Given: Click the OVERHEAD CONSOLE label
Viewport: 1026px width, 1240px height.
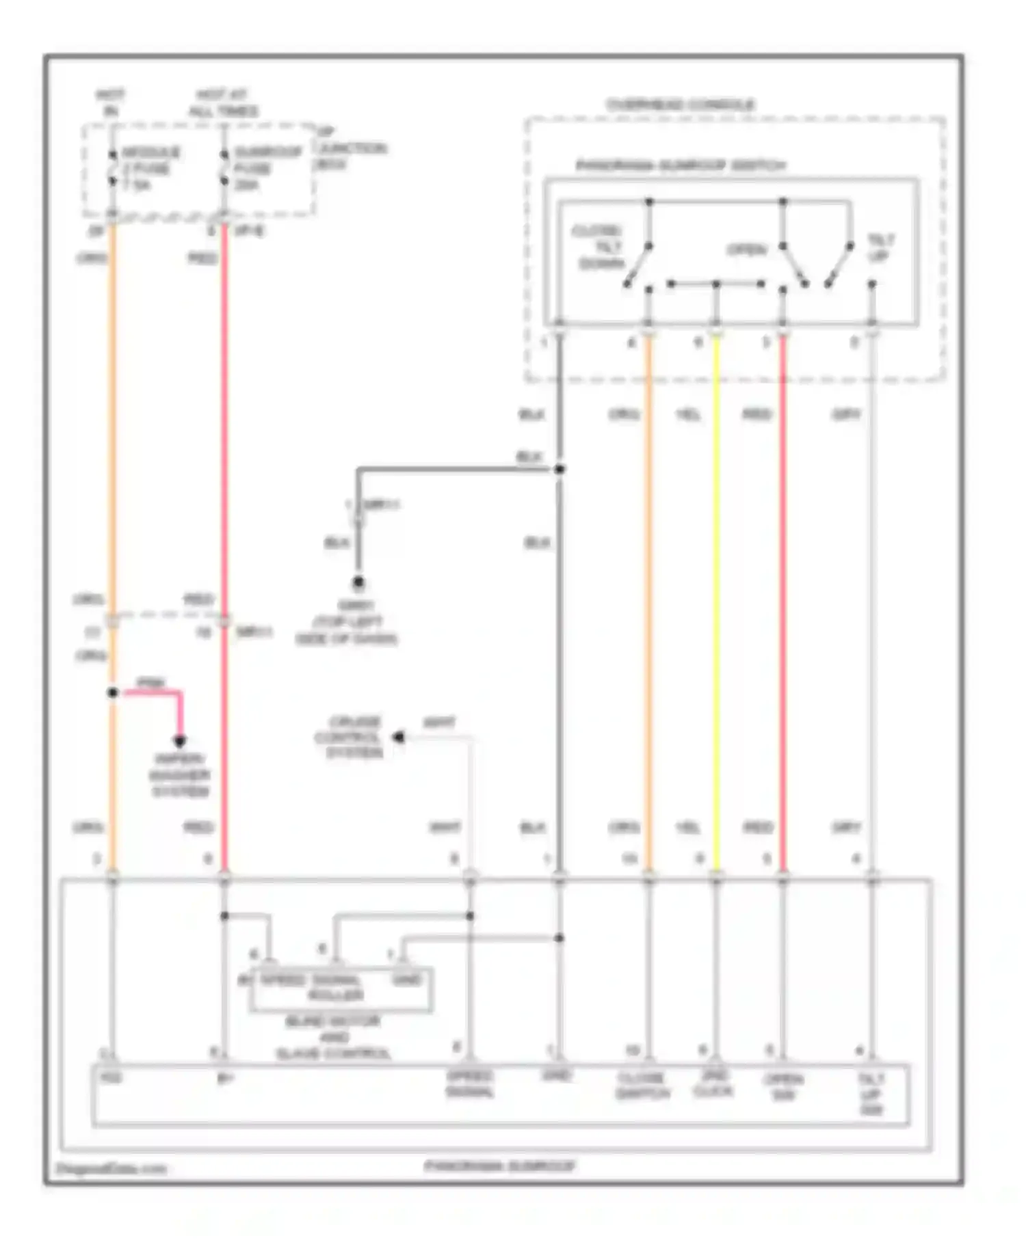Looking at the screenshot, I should click(681, 105).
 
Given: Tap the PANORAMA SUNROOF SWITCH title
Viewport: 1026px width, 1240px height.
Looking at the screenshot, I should click(681, 165).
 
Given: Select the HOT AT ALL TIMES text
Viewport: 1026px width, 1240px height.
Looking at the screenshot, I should click(223, 103).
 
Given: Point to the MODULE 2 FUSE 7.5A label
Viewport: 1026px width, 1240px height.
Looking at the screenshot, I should click(150, 168).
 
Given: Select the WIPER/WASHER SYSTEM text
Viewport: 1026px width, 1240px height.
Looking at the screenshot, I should click(180, 775).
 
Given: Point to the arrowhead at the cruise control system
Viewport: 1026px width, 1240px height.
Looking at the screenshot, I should click(398, 737).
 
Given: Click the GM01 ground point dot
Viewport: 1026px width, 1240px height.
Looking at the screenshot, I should click(358, 583).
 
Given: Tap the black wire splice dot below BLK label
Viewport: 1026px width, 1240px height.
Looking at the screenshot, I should click(560, 469).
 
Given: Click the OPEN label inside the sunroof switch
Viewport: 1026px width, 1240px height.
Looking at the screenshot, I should click(747, 250).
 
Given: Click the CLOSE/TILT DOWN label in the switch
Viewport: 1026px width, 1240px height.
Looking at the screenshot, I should click(600, 247).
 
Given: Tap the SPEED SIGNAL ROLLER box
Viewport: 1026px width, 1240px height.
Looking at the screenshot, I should click(341, 988).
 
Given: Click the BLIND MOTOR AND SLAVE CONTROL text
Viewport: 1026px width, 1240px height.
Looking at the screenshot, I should click(333, 1037).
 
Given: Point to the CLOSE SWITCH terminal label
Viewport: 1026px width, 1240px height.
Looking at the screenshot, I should click(642, 1086).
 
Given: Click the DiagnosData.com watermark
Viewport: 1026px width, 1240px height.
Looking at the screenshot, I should click(111, 1168).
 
